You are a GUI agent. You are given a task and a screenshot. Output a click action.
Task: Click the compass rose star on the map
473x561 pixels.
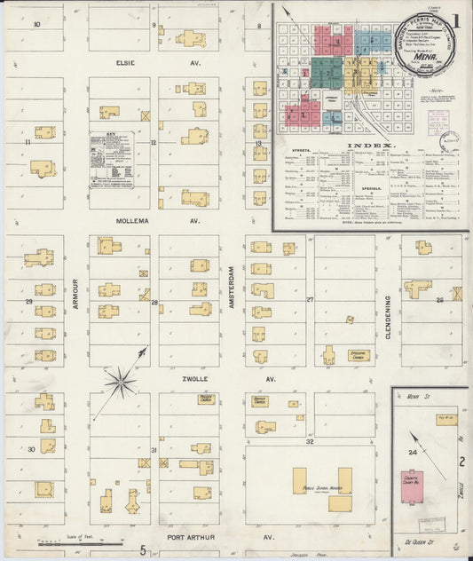coord(120,383)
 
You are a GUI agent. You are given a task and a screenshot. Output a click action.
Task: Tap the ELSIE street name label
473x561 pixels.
coord(123,63)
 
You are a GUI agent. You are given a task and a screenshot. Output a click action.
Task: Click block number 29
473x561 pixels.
coord(28,303)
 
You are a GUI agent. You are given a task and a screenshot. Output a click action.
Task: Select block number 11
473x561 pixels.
coord(28,142)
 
